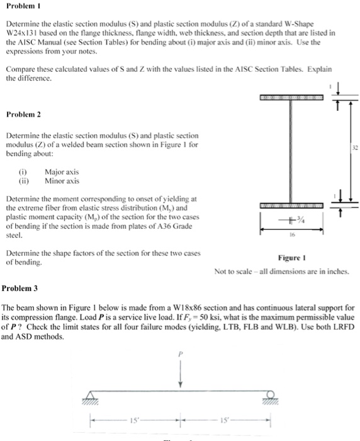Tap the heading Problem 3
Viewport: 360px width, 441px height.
(x=20, y=288)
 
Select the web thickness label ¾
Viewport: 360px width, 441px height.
(x=302, y=219)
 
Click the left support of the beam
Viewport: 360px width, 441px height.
(x=93, y=394)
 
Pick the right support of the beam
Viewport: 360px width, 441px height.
(x=269, y=394)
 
